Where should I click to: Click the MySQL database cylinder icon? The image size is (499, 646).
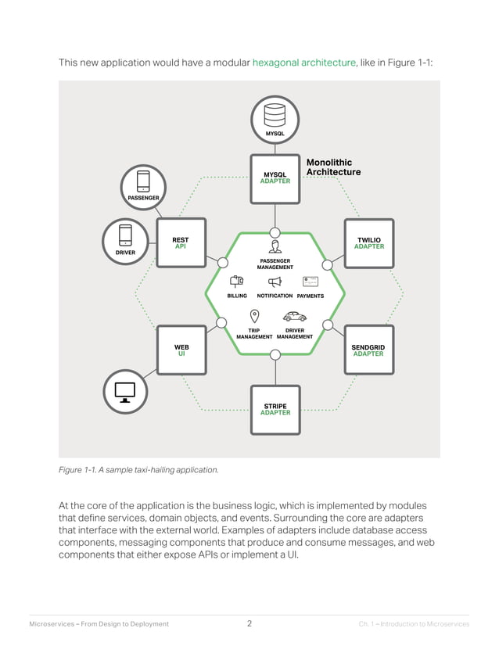click(275, 116)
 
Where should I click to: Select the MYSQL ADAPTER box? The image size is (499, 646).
click(275, 178)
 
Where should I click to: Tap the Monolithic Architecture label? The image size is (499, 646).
click(333, 167)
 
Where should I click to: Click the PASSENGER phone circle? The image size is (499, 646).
click(143, 185)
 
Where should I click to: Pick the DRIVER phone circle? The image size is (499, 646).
click(125, 239)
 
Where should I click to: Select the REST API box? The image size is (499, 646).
click(181, 242)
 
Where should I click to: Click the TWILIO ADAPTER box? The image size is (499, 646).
click(368, 242)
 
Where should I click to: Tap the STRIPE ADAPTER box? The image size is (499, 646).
click(275, 409)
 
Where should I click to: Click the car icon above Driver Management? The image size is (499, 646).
click(295, 317)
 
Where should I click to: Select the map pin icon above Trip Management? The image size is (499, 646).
click(254, 316)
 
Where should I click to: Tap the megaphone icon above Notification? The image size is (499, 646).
click(275, 282)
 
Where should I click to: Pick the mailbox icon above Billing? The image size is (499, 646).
click(237, 282)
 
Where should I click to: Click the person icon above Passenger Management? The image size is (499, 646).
click(275, 247)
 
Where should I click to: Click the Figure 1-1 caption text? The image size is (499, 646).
click(138, 470)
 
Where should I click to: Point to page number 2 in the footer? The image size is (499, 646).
click(249, 623)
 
